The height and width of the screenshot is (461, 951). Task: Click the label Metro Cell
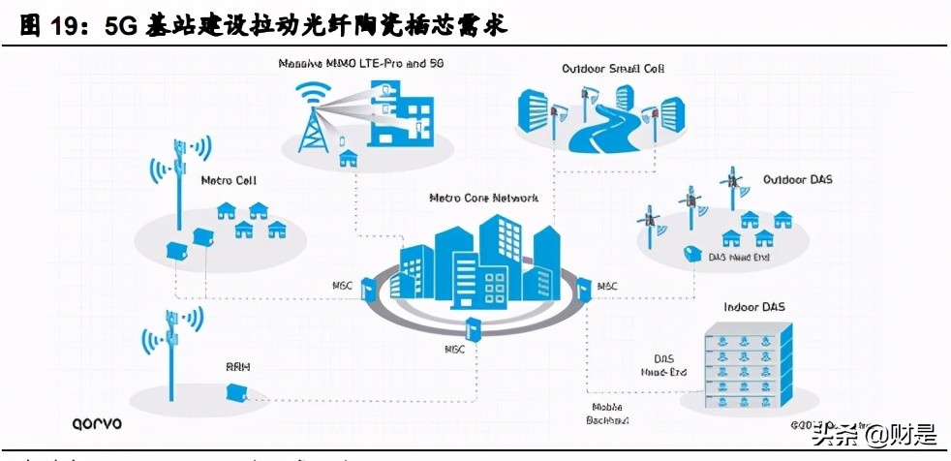tap(229, 181)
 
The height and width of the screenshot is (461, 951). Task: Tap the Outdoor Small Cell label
tap(613, 69)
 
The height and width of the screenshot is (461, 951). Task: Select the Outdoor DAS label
tap(797, 180)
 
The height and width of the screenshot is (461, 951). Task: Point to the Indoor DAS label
tap(754, 307)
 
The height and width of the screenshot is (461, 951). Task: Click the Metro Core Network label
tap(483, 198)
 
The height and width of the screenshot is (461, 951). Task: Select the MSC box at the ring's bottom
tap(474, 328)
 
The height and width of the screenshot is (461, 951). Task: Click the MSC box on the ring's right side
tap(584, 288)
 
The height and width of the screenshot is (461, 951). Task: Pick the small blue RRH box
tap(235, 391)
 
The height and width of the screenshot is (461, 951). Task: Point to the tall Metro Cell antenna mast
tap(180, 194)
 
